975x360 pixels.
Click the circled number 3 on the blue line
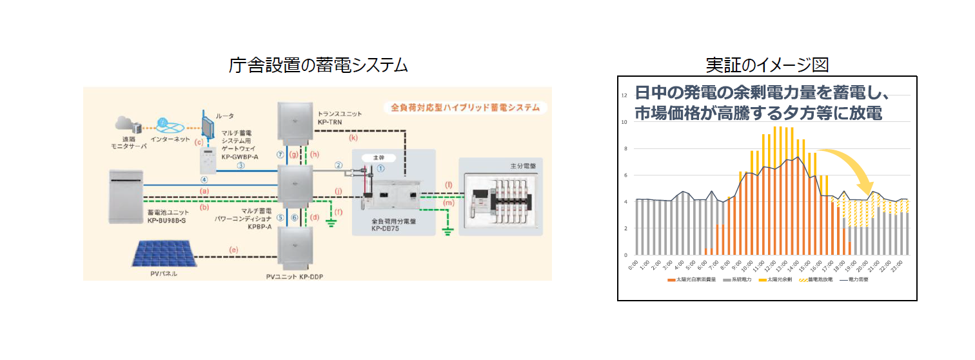point(240,165)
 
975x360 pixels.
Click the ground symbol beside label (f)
point(331,224)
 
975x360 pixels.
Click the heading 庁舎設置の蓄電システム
point(319,65)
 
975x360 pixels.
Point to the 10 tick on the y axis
point(624,122)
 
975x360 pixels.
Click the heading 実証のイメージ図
point(767,65)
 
